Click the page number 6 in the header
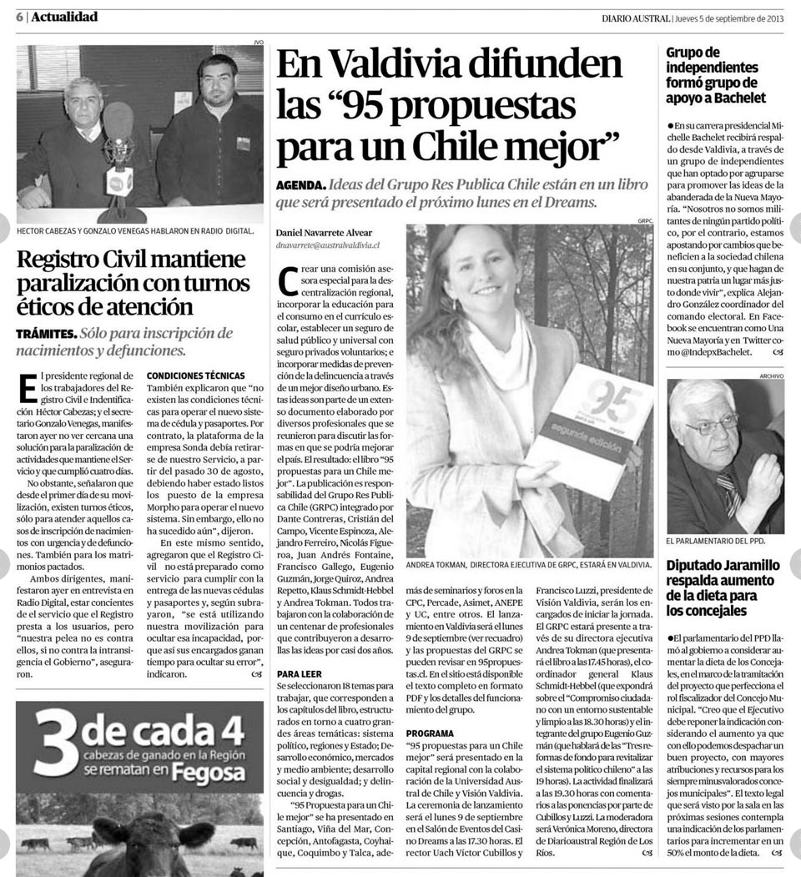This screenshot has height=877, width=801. click(18, 17)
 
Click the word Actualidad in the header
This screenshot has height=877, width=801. click(64, 17)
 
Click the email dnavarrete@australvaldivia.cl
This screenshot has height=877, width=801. click(328, 245)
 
